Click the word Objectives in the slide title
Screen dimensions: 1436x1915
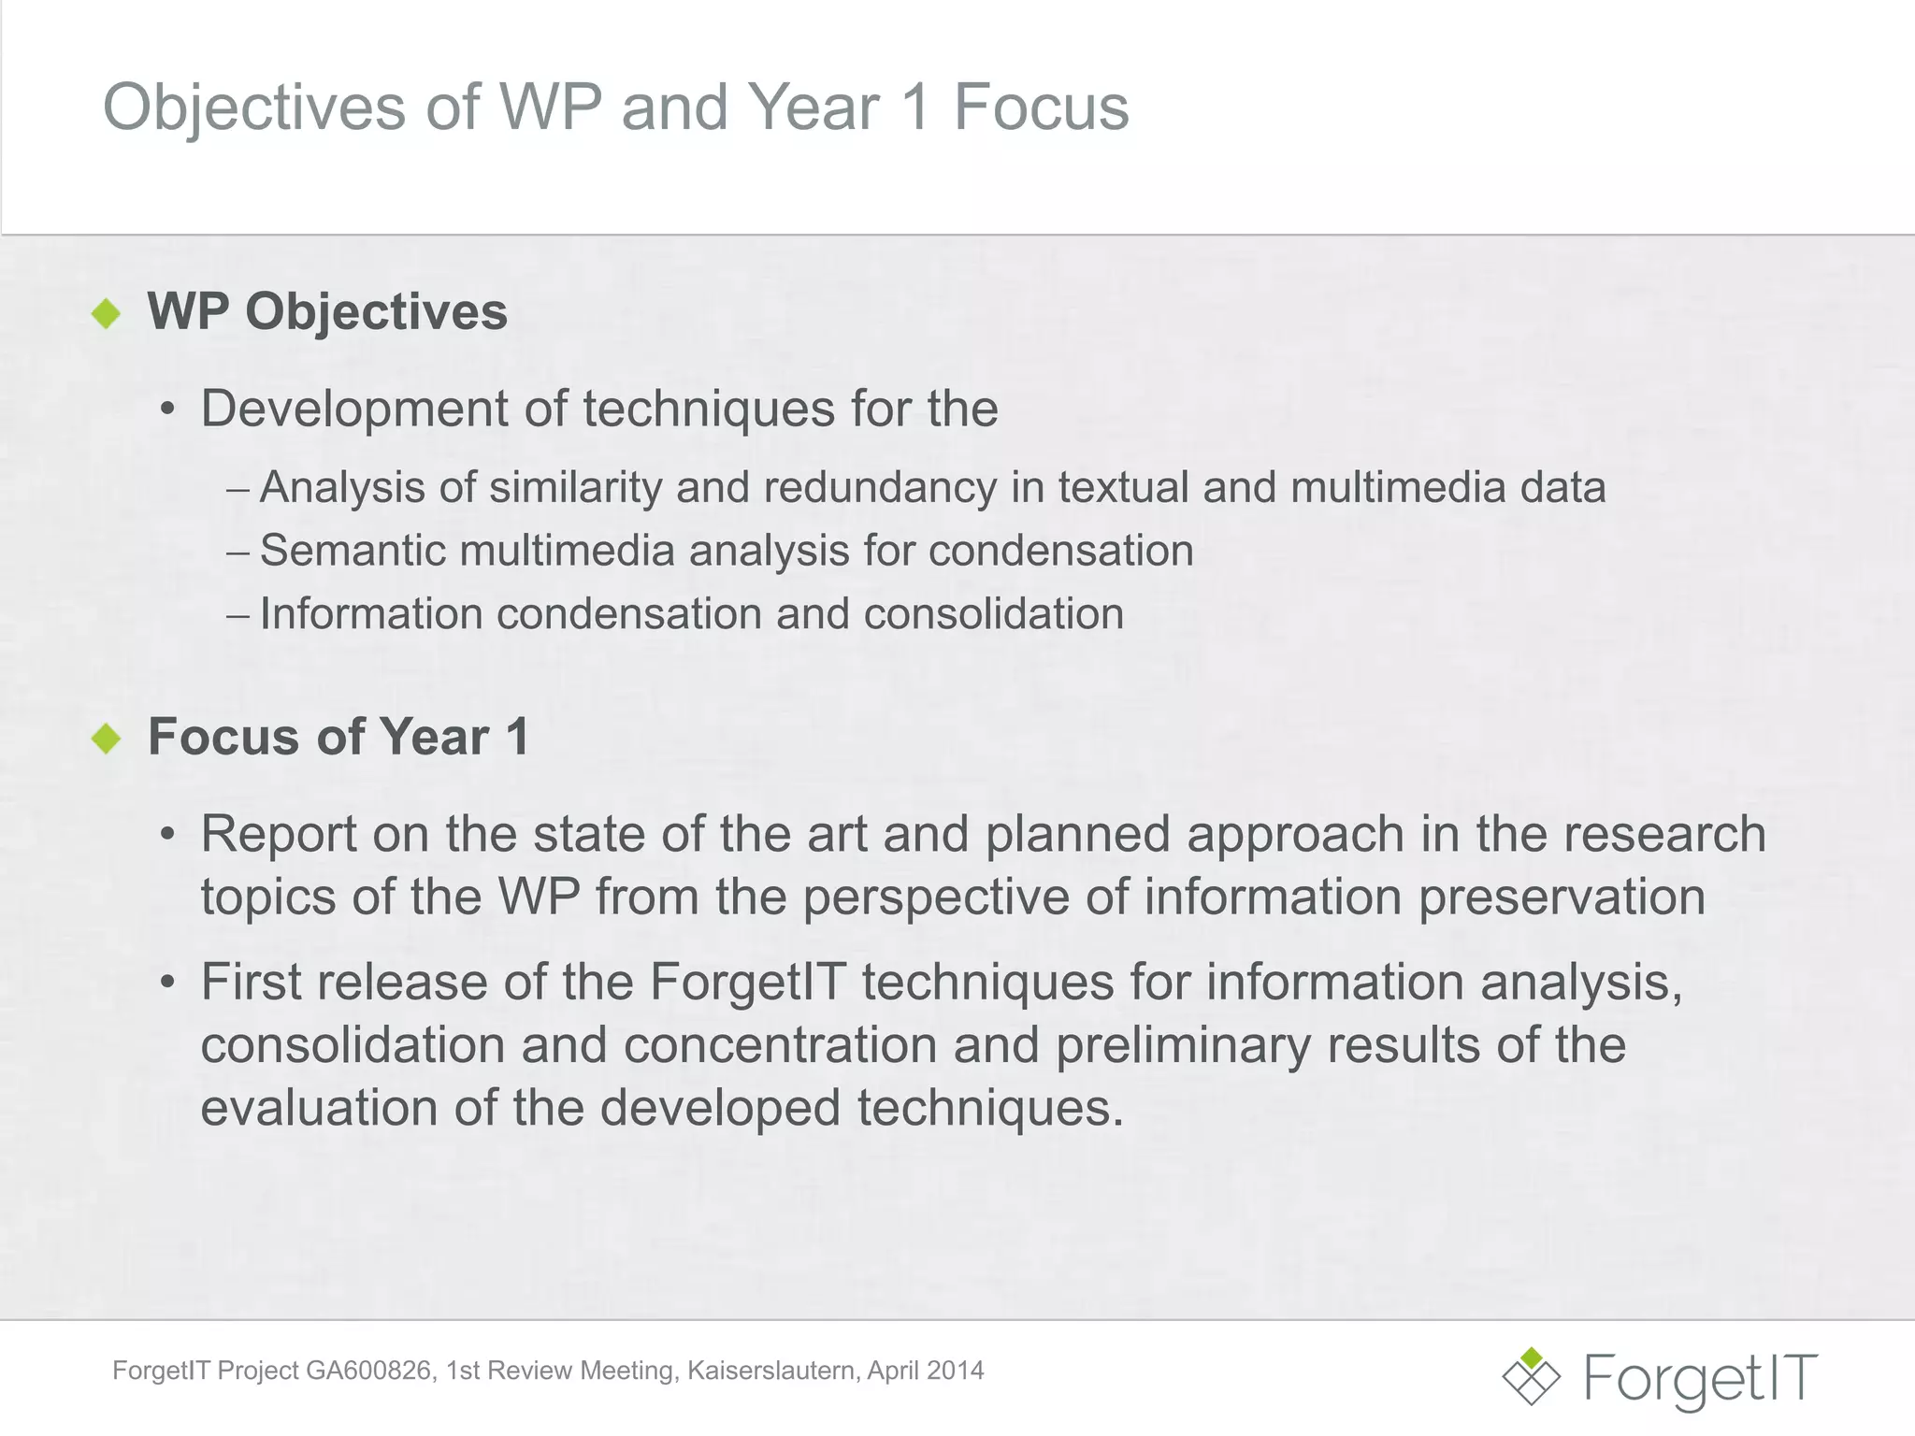[x=254, y=108]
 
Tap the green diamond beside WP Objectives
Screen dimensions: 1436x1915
[x=107, y=313]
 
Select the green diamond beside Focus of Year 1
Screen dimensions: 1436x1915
[x=107, y=739]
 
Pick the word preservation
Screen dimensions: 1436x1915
[x=1562, y=897]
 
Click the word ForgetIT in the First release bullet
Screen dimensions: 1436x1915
[x=748, y=983]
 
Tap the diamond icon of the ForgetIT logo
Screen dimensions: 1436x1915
[x=1531, y=1376]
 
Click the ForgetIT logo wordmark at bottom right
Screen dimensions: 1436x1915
[x=1701, y=1378]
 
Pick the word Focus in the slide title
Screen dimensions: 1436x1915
[x=1041, y=108]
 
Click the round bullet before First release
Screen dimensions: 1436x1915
[x=167, y=984]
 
